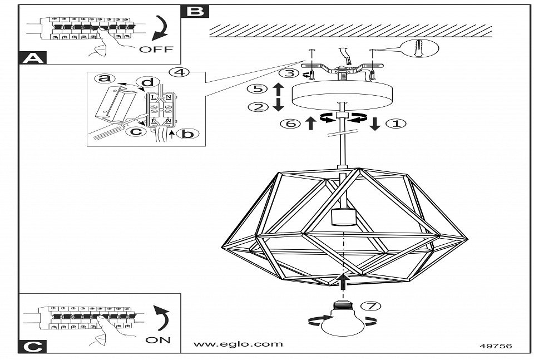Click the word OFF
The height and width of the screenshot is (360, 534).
coord(156,50)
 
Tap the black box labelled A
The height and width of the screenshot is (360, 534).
coord(32,58)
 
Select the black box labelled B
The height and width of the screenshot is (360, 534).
coord(195,11)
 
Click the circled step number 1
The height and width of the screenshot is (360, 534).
coord(396,124)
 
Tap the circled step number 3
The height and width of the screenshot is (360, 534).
coord(286,73)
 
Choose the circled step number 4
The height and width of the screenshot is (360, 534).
coord(177,72)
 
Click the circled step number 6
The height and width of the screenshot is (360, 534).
coord(290,124)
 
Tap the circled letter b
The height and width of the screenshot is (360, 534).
coord(189,134)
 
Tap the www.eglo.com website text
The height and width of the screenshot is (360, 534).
coord(238,344)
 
